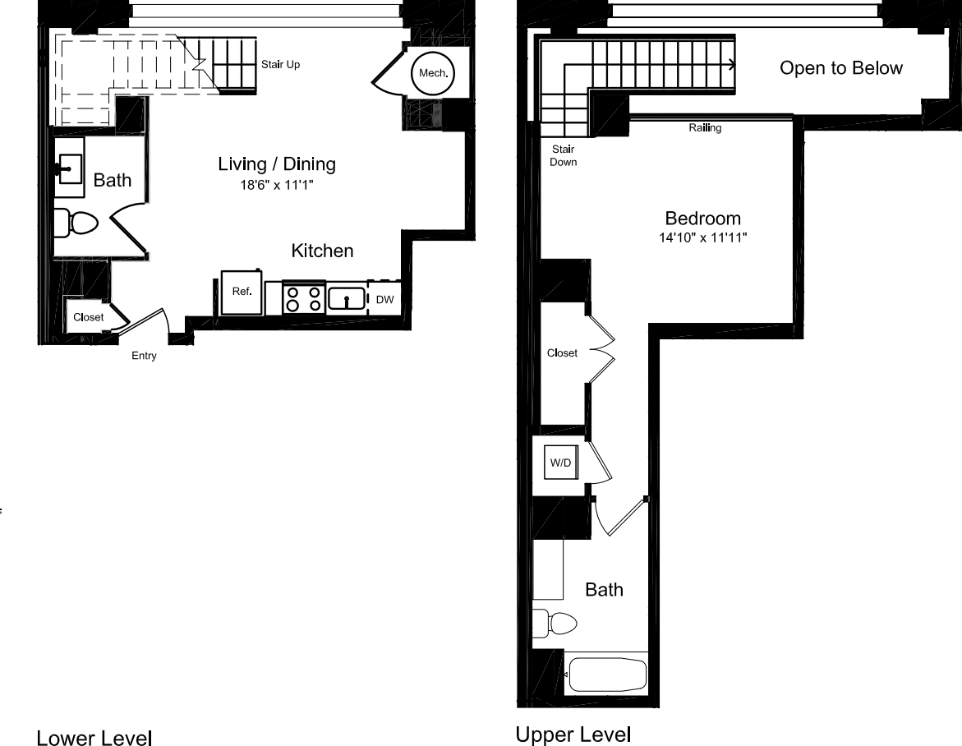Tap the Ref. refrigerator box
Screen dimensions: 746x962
point(242,292)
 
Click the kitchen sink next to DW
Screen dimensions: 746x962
point(347,299)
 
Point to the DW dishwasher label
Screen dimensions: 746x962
point(384,300)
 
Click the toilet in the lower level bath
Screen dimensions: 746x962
point(76,222)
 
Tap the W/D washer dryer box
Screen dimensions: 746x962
point(561,463)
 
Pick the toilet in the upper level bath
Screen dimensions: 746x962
point(555,622)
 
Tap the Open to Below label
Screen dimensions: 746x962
point(840,68)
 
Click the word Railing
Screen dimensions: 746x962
point(705,128)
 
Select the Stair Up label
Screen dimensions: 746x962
point(280,64)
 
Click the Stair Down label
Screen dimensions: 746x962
point(564,155)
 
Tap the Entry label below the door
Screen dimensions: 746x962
point(144,356)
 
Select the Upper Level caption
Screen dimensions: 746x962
point(573,734)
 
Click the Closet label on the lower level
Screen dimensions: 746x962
point(89,317)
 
